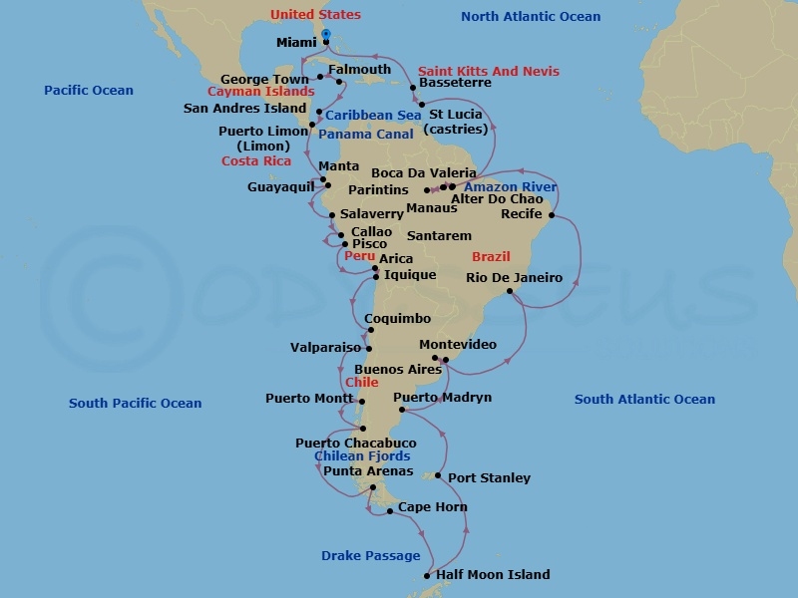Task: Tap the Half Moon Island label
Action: (493, 574)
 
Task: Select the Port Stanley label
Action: (489, 477)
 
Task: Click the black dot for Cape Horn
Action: (390, 512)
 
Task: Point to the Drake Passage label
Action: (370, 556)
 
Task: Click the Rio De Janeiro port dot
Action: (510, 291)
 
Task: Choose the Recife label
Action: (523, 214)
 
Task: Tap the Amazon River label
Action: (511, 186)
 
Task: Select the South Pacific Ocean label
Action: (135, 404)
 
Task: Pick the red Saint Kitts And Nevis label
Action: (488, 71)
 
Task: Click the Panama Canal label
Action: (366, 134)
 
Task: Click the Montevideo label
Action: (458, 344)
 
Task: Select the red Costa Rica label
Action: (256, 161)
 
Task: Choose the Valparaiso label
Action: (325, 348)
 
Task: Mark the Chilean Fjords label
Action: (362, 456)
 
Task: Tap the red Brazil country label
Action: (491, 256)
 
